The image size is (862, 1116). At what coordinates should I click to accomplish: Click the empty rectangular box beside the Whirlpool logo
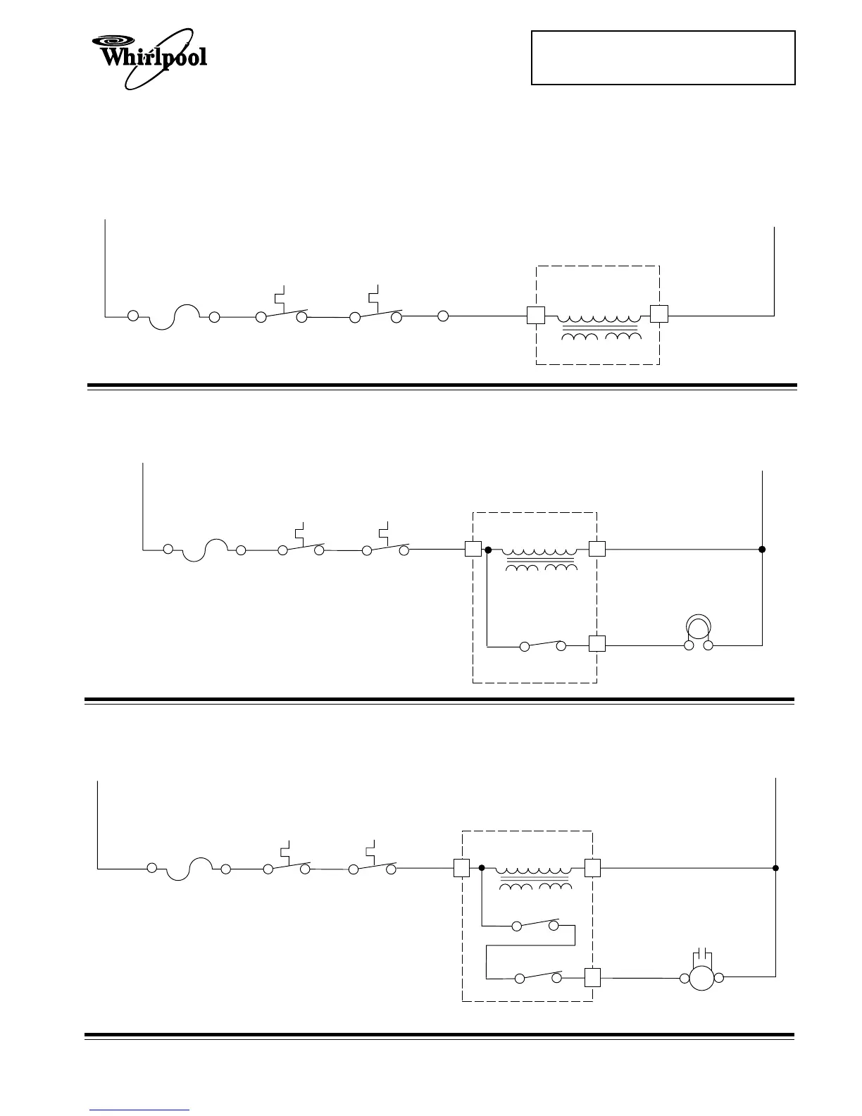click(x=663, y=58)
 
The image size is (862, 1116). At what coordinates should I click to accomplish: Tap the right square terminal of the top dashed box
click(x=658, y=314)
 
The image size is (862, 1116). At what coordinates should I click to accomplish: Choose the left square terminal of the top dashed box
click(x=536, y=316)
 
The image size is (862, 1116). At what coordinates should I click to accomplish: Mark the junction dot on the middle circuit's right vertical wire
click(x=762, y=549)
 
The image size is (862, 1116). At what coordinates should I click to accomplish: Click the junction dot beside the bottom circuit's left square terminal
click(x=481, y=868)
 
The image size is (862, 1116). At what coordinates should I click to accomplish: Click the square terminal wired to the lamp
click(x=596, y=643)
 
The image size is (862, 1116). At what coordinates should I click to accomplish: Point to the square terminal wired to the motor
click(x=592, y=977)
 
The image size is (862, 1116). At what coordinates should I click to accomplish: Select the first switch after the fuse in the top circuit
click(x=282, y=314)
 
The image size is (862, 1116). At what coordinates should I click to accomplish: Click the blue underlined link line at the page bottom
click(x=139, y=1110)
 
